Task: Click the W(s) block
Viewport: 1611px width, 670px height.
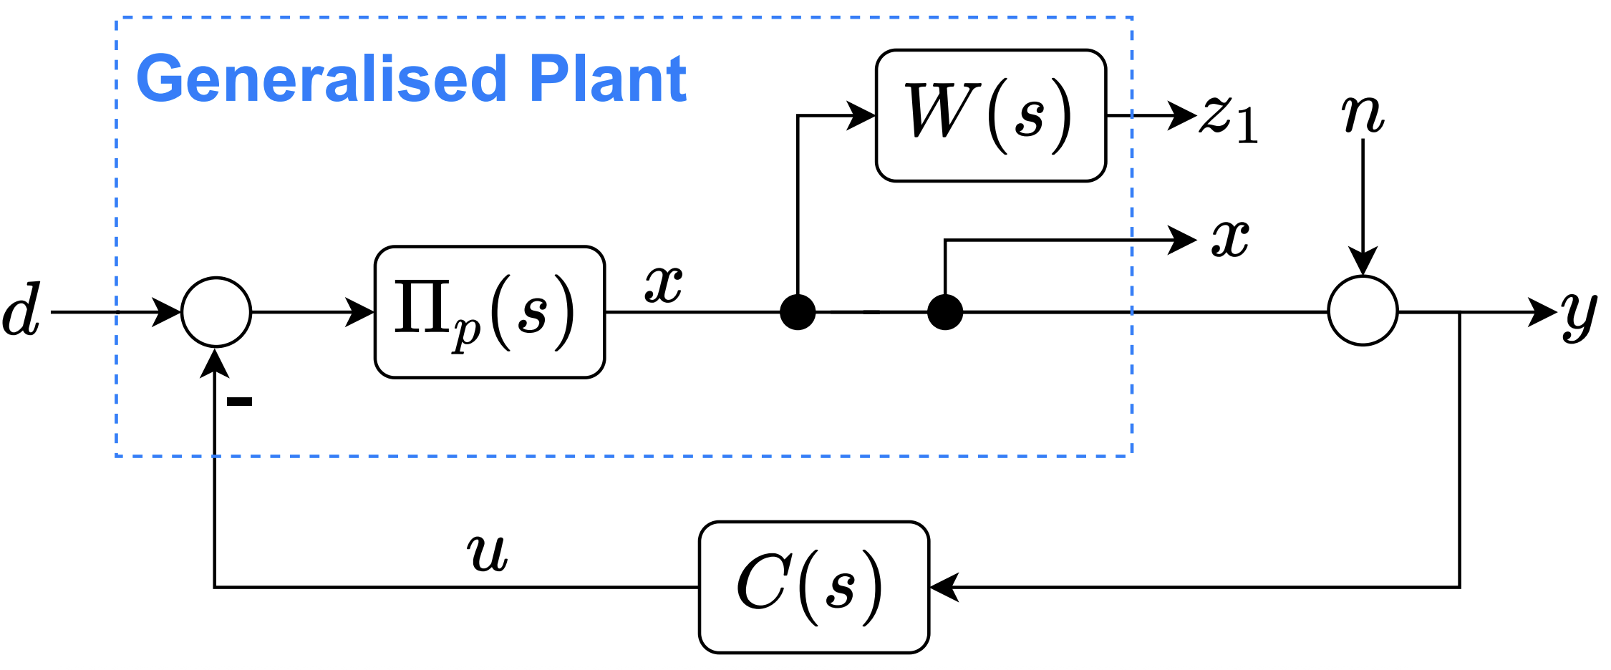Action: click(990, 115)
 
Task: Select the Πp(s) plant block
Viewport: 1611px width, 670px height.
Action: click(489, 312)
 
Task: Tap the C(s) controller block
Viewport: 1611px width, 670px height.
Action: click(813, 587)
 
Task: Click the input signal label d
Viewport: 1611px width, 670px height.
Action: click(21, 311)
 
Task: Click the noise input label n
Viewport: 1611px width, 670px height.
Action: click(1362, 115)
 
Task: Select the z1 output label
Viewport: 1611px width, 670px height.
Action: click(1229, 119)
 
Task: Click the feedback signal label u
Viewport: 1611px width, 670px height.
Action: click(488, 553)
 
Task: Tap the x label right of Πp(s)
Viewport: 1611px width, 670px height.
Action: click(663, 284)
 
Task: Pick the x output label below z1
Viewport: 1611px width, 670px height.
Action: click(1230, 238)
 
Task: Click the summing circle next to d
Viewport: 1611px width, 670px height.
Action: click(216, 312)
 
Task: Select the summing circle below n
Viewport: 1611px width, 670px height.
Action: click(1362, 311)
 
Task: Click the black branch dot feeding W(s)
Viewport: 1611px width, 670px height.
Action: click(798, 312)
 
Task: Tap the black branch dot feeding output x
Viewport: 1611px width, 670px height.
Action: click(944, 312)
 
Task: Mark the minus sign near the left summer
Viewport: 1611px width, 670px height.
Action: click(239, 402)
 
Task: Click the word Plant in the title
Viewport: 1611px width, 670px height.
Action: click(608, 79)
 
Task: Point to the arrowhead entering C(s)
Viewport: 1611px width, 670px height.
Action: click(944, 587)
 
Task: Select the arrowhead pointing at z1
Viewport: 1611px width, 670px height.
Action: click(1182, 115)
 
